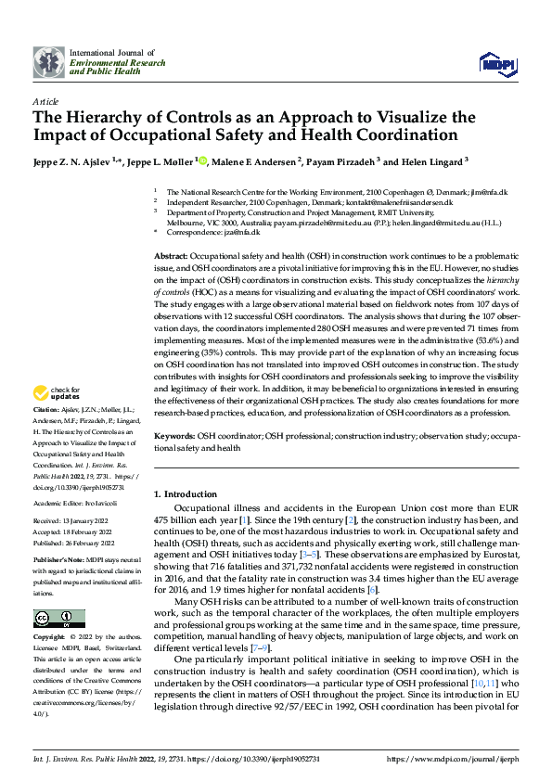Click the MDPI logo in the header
point(495,63)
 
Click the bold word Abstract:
point(171,254)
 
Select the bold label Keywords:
point(173,435)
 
